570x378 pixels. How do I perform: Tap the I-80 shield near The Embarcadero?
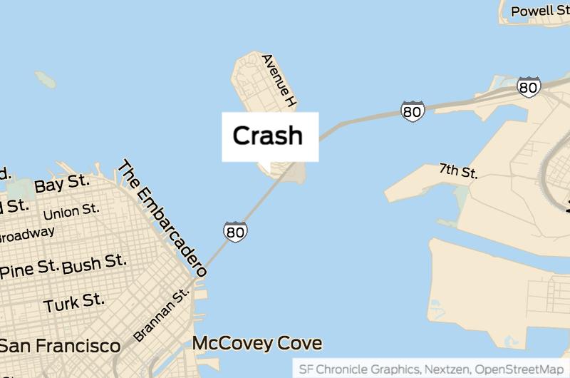(x=235, y=231)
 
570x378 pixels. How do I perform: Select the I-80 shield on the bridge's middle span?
(x=413, y=111)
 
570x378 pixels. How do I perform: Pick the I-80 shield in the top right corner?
(x=529, y=87)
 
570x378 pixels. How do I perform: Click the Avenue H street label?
(x=279, y=81)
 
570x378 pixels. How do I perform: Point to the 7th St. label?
(x=458, y=171)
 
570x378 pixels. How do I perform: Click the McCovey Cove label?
(x=257, y=344)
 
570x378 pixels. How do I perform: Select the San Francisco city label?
(x=60, y=347)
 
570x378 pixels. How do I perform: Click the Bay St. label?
(x=62, y=184)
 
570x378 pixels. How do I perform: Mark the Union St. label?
(x=71, y=211)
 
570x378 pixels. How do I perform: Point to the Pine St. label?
(x=28, y=270)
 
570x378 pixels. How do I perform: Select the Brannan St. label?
(x=162, y=315)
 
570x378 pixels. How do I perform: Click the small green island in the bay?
(x=45, y=78)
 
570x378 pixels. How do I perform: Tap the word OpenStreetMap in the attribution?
(x=519, y=369)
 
